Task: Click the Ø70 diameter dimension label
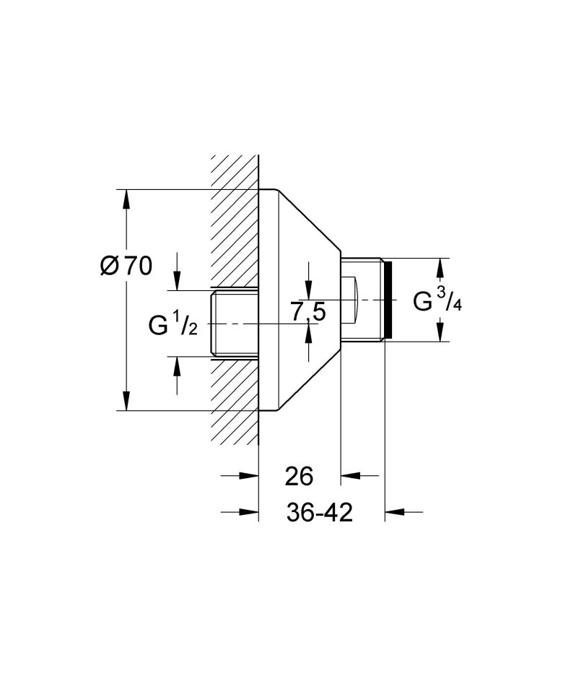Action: click(127, 266)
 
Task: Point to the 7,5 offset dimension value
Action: click(308, 313)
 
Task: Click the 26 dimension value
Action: click(298, 477)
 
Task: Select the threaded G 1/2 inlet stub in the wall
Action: click(235, 323)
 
